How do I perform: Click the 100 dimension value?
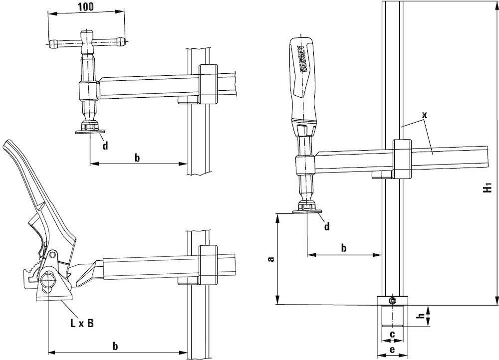click(x=86, y=6)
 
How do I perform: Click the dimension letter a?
click(x=271, y=259)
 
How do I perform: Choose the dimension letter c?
click(x=392, y=334)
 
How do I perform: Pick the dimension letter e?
click(x=392, y=349)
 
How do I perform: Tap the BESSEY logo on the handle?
click(x=303, y=59)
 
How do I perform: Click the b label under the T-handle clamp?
click(x=137, y=158)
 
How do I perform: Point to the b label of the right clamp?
click(x=344, y=247)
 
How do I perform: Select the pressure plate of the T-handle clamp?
click(x=90, y=132)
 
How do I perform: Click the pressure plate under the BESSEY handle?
click(x=307, y=211)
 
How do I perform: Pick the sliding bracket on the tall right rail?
click(x=402, y=159)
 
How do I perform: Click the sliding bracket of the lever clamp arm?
click(x=208, y=265)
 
